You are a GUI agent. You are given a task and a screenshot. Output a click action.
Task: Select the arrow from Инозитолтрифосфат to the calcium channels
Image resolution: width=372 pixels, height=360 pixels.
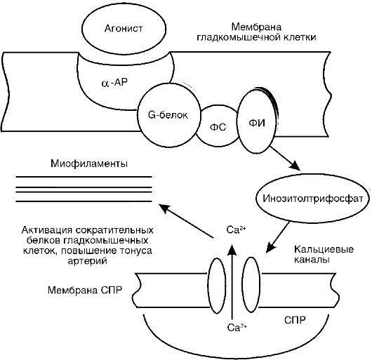point(281,235)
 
